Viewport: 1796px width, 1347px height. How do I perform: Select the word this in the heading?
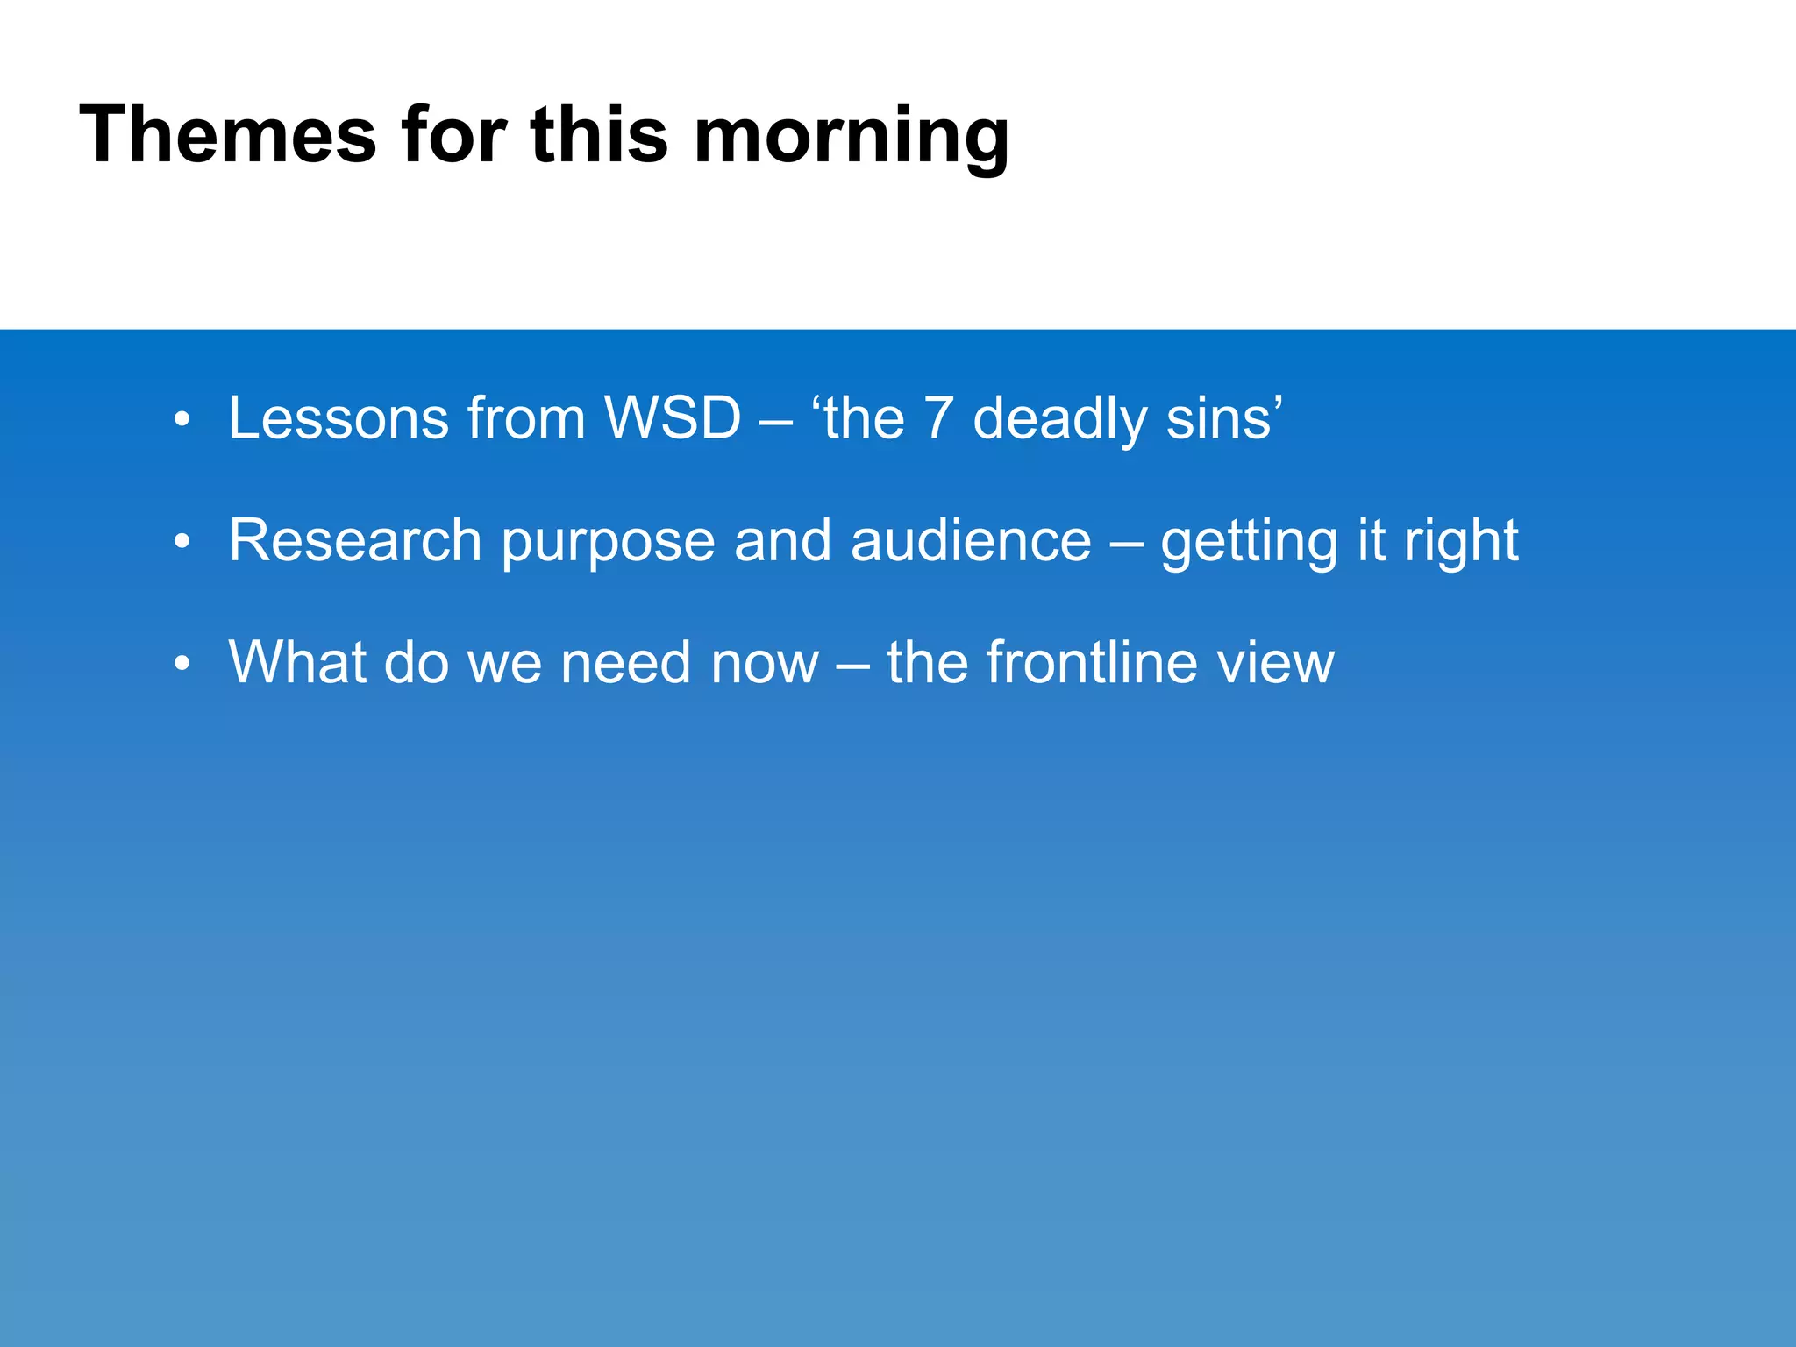599,136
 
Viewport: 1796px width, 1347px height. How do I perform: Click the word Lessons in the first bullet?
339,418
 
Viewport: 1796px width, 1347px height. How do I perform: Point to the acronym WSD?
673,418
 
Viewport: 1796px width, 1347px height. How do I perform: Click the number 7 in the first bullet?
937,418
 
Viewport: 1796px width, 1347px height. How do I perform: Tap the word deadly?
1059,420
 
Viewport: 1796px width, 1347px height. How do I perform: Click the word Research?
355,540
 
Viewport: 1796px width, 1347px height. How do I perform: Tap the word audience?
971,540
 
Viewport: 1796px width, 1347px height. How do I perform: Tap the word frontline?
1091,662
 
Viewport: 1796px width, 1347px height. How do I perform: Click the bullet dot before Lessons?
182,420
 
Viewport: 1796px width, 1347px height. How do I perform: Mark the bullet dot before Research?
182,542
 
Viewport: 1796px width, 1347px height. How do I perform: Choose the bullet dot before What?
182,664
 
